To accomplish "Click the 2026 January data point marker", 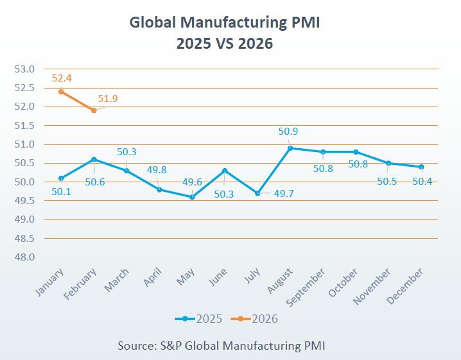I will point(61,92).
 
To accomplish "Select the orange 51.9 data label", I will point(108,99).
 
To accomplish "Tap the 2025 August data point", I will point(290,148).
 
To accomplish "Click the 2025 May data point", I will point(192,197).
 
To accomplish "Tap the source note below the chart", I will point(222,345).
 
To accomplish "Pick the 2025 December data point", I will point(421,167).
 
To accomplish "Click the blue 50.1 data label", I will point(62,191).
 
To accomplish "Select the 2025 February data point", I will point(94,159).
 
